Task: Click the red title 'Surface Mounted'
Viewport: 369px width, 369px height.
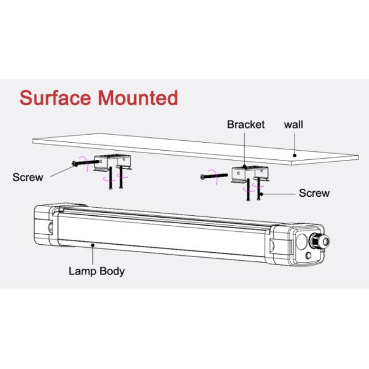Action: coord(99,97)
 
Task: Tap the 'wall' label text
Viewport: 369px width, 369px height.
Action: coord(293,124)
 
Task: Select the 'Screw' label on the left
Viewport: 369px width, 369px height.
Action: coord(28,178)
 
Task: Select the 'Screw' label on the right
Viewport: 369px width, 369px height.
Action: coord(314,192)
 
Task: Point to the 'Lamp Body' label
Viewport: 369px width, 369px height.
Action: coord(96,270)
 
